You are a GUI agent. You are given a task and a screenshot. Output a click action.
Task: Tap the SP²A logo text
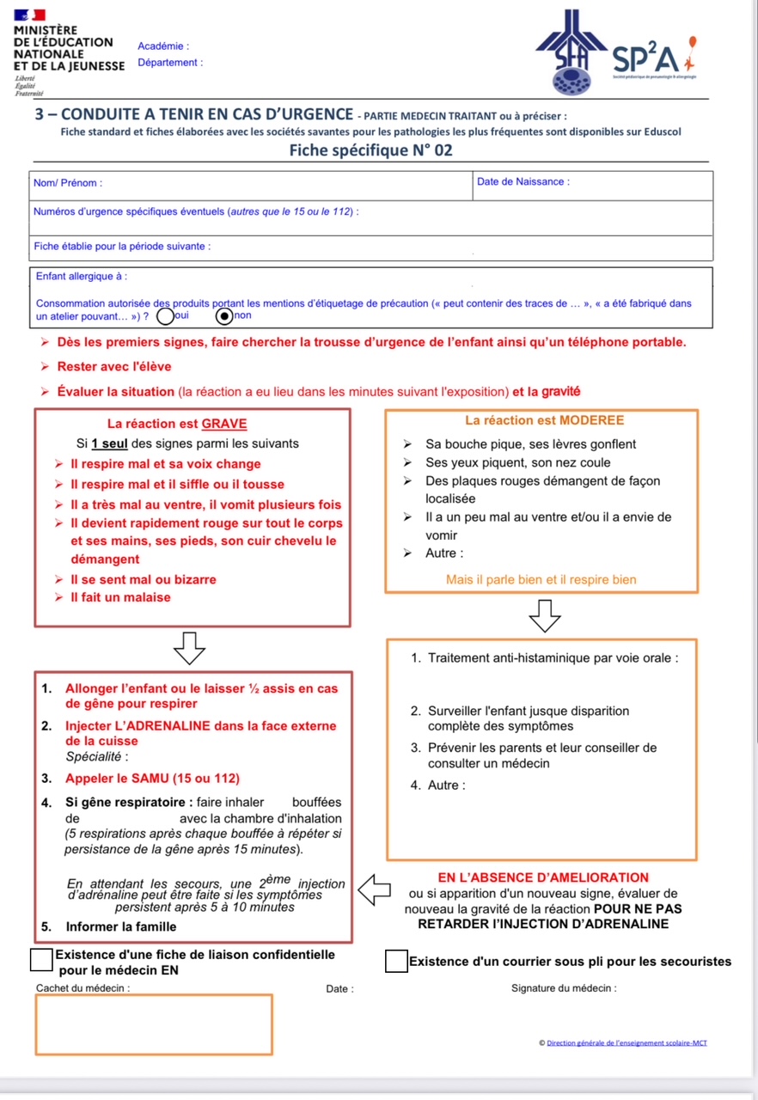click(645, 58)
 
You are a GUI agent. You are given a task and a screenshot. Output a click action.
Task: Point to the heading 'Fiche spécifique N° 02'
click(370, 151)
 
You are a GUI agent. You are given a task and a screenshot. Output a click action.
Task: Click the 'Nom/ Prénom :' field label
click(68, 183)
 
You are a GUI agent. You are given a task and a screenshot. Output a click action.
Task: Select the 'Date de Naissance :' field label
click(523, 182)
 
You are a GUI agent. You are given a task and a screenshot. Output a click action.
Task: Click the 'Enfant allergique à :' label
click(82, 277)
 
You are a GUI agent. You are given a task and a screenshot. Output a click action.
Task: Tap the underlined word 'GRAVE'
click(224, 424)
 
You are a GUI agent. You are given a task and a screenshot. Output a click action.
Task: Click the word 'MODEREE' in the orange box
click(591, 421)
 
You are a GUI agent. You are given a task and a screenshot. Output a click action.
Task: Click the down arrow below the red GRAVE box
click(189, 648)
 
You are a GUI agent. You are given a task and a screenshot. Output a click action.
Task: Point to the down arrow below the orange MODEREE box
click(544, 614)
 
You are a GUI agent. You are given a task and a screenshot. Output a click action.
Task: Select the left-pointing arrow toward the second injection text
click(374, 889)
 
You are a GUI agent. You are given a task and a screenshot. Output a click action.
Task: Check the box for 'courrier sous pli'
click(396, 961)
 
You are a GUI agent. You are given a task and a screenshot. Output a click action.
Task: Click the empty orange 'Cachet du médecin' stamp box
click(154, 1024)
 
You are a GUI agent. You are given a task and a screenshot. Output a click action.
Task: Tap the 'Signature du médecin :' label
click(564, 988)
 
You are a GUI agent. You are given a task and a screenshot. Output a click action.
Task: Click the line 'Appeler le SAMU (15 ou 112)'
click(152, 779)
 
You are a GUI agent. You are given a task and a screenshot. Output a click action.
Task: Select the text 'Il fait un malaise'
click(120, 597)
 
